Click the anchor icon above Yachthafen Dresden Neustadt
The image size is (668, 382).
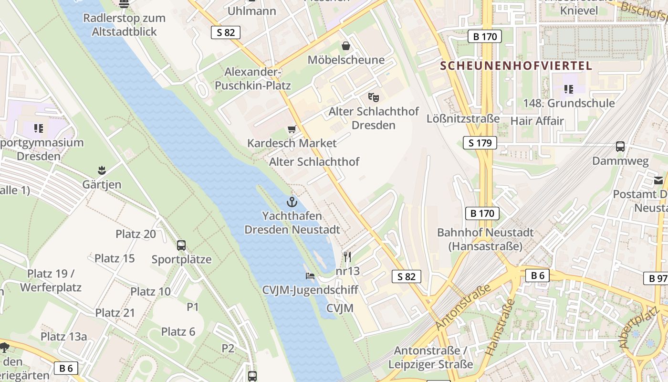[292, 202]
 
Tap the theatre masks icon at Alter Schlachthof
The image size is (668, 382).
[374, 97]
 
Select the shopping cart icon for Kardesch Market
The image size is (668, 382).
[292, 129]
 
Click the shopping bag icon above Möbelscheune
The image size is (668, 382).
[346, 46]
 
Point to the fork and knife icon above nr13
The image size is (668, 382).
[347, 257]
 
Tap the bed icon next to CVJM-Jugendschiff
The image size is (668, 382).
[310, 276]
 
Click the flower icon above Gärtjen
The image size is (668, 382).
[102, 170]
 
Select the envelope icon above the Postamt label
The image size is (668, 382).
[658, 180]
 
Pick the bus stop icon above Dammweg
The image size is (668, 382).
[620, 147]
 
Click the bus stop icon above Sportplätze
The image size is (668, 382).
[181, 245]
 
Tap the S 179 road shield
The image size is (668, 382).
[480, 143]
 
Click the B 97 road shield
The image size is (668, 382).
[658, 278]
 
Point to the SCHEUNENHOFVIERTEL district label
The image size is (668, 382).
[516, 66]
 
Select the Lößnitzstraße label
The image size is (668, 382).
[463, 118]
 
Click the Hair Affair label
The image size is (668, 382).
[537, 121]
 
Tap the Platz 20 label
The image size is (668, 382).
[136, 234]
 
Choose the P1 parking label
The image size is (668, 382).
[193, 307]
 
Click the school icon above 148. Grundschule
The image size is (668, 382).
[568, 89]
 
